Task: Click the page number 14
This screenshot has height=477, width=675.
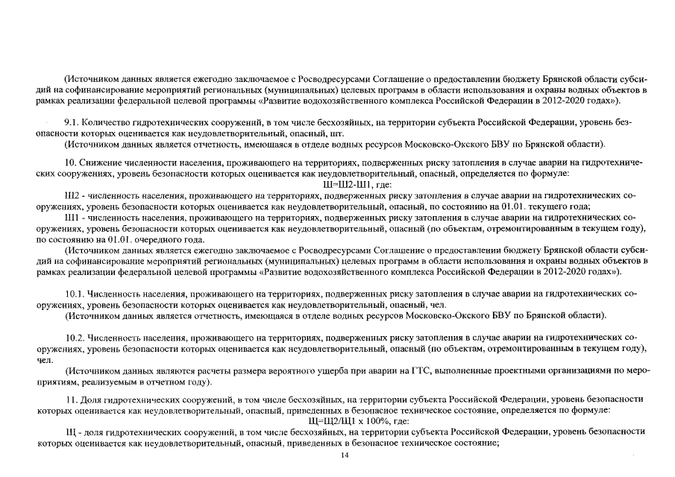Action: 345,455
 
